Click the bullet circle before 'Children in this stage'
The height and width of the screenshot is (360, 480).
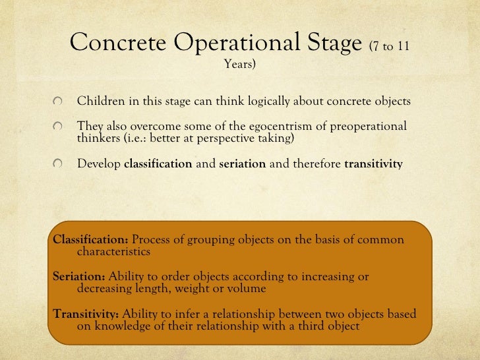(59, 102)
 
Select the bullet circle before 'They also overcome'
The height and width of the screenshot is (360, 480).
(59, 127)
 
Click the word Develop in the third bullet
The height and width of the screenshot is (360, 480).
(99, 164)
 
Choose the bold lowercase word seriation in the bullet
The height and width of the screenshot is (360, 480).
(242, 164)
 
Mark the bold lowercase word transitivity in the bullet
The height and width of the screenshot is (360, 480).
(373, 164)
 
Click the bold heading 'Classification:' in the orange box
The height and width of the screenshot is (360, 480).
(90, 239)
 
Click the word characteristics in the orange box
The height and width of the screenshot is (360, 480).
(113, 251)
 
